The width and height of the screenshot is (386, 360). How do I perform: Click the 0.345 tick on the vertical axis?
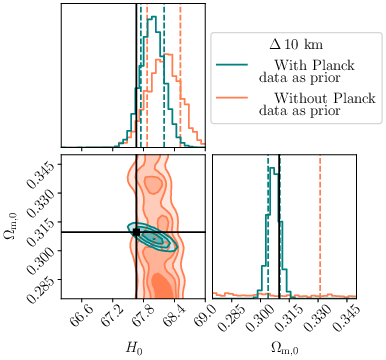[x=41, y=160]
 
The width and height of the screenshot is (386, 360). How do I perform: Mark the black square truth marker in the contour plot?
[x=136, y=232]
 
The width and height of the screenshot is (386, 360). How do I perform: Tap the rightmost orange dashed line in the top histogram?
[x=180, y=70]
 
